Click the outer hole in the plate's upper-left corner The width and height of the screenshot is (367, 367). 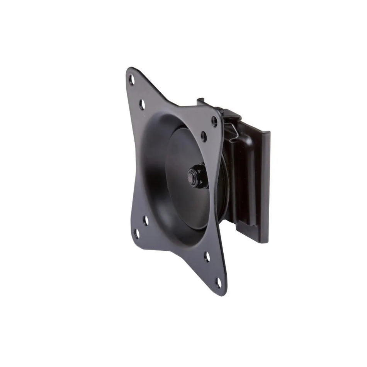click(132, 80)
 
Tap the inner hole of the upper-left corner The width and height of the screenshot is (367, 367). click(142, 104)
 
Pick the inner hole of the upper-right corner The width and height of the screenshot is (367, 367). click(204, 136)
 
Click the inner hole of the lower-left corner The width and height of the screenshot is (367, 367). click(146, 221)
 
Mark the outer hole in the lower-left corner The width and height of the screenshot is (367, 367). click(136, 233)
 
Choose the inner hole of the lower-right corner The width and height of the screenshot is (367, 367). click(207, 257)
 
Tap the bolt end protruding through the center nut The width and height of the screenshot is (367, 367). click(192, 176)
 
